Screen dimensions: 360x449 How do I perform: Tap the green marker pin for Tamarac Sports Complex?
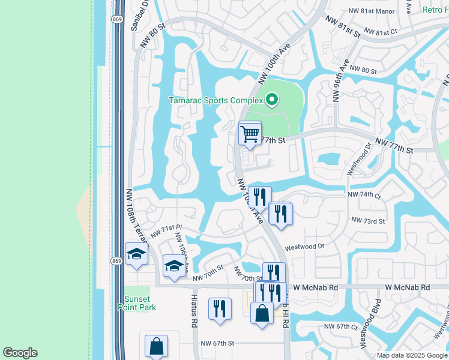click(272, 100)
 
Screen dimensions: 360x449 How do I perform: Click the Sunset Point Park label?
click(140, 303)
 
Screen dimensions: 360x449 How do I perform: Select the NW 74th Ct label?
click(364, 195)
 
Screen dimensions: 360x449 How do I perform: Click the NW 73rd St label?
click(368, 221)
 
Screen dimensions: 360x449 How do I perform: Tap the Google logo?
click(20, 353)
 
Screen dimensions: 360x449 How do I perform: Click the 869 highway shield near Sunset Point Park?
click(117, 260)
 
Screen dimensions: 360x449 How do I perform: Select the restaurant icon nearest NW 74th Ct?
click(260, 196)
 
